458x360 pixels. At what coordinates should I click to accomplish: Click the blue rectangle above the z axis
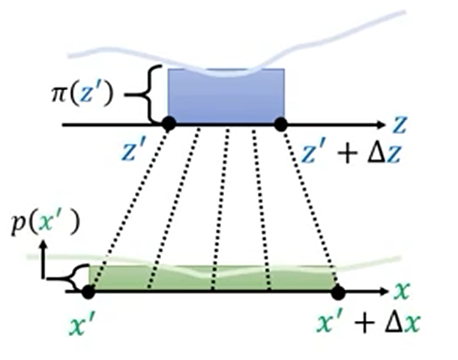point(225,96)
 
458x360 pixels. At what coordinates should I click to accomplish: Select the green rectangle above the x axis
point(214,277)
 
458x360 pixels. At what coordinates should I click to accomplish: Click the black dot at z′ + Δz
point(281,123)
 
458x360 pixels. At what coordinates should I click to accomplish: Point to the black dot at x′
point(89,290)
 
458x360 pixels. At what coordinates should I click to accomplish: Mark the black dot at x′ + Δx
point(337,291)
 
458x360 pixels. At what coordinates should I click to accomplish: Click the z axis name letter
point(403,122)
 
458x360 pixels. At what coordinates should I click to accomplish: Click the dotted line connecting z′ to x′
point(129,206)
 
